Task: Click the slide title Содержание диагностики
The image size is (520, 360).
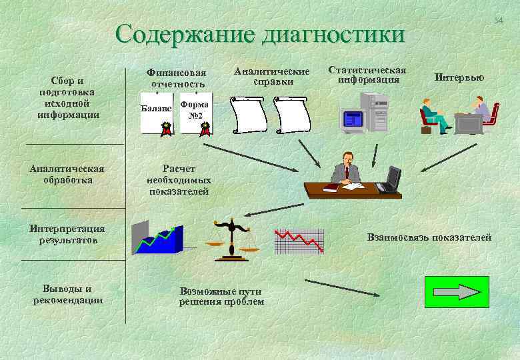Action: (259, 33)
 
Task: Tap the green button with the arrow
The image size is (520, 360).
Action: (457, 292)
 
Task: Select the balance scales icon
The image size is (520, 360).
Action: (231, 239)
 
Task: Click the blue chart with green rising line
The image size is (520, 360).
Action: (157, 239)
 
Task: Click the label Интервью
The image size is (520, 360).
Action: (459, 77)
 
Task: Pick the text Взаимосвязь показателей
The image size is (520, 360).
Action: (429, 237)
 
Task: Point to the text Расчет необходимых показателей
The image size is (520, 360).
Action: (179, 180)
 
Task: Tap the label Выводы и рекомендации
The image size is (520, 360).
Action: (67, 294)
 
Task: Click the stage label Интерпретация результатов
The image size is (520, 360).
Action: (67, 234)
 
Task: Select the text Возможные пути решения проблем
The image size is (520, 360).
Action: (221, 297)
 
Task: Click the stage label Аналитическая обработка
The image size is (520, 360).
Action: (67, 174)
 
